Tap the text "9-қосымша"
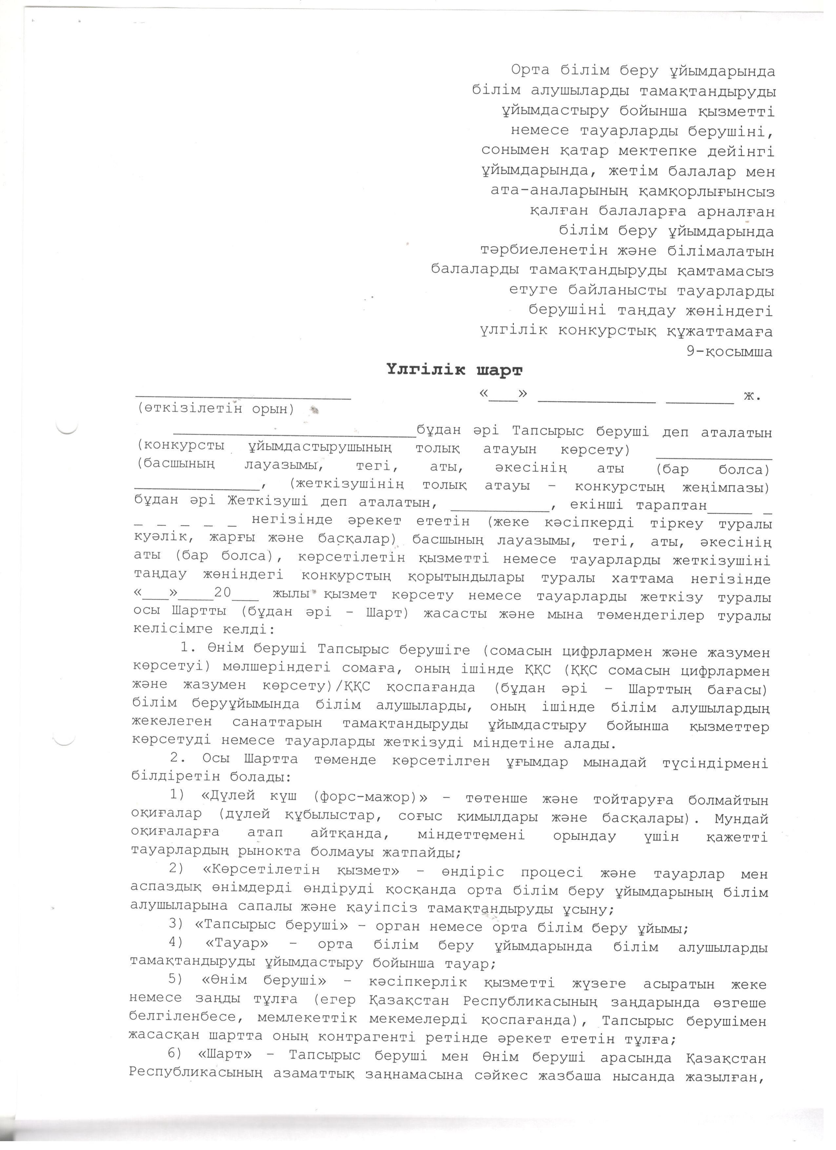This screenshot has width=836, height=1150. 729,352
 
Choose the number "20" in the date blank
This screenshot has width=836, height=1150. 223,593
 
